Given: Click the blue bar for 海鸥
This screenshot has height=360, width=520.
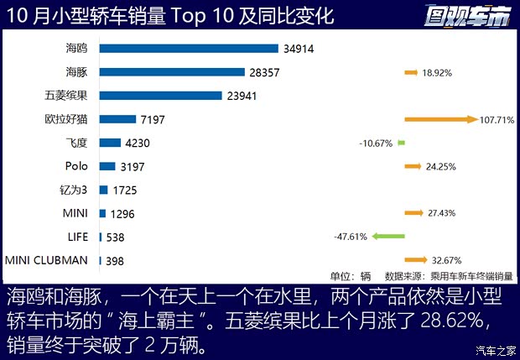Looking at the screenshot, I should point(189,49).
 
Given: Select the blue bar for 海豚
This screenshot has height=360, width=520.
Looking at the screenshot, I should point(172,72).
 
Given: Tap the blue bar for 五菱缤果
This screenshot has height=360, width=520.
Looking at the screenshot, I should point(160,96).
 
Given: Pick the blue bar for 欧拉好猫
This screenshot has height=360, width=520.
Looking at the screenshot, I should point(117,119).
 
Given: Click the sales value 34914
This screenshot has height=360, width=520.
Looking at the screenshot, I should point(298,49).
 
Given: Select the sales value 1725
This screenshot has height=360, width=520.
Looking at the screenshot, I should point(124,190).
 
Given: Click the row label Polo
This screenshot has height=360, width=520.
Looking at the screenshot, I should point(76,166).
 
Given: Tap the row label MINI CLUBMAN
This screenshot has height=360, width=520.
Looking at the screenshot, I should point(47,260).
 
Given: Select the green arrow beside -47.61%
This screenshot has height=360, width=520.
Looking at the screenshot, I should point(387,237).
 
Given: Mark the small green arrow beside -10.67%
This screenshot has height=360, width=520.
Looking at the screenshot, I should point(401,143).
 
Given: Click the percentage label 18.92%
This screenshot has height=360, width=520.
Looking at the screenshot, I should point(437,73).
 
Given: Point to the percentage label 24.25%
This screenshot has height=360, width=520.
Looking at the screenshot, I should point(440,167).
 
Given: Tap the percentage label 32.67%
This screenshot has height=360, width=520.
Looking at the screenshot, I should point(444,260).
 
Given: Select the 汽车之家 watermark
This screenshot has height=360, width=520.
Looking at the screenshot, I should point(494,350).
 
